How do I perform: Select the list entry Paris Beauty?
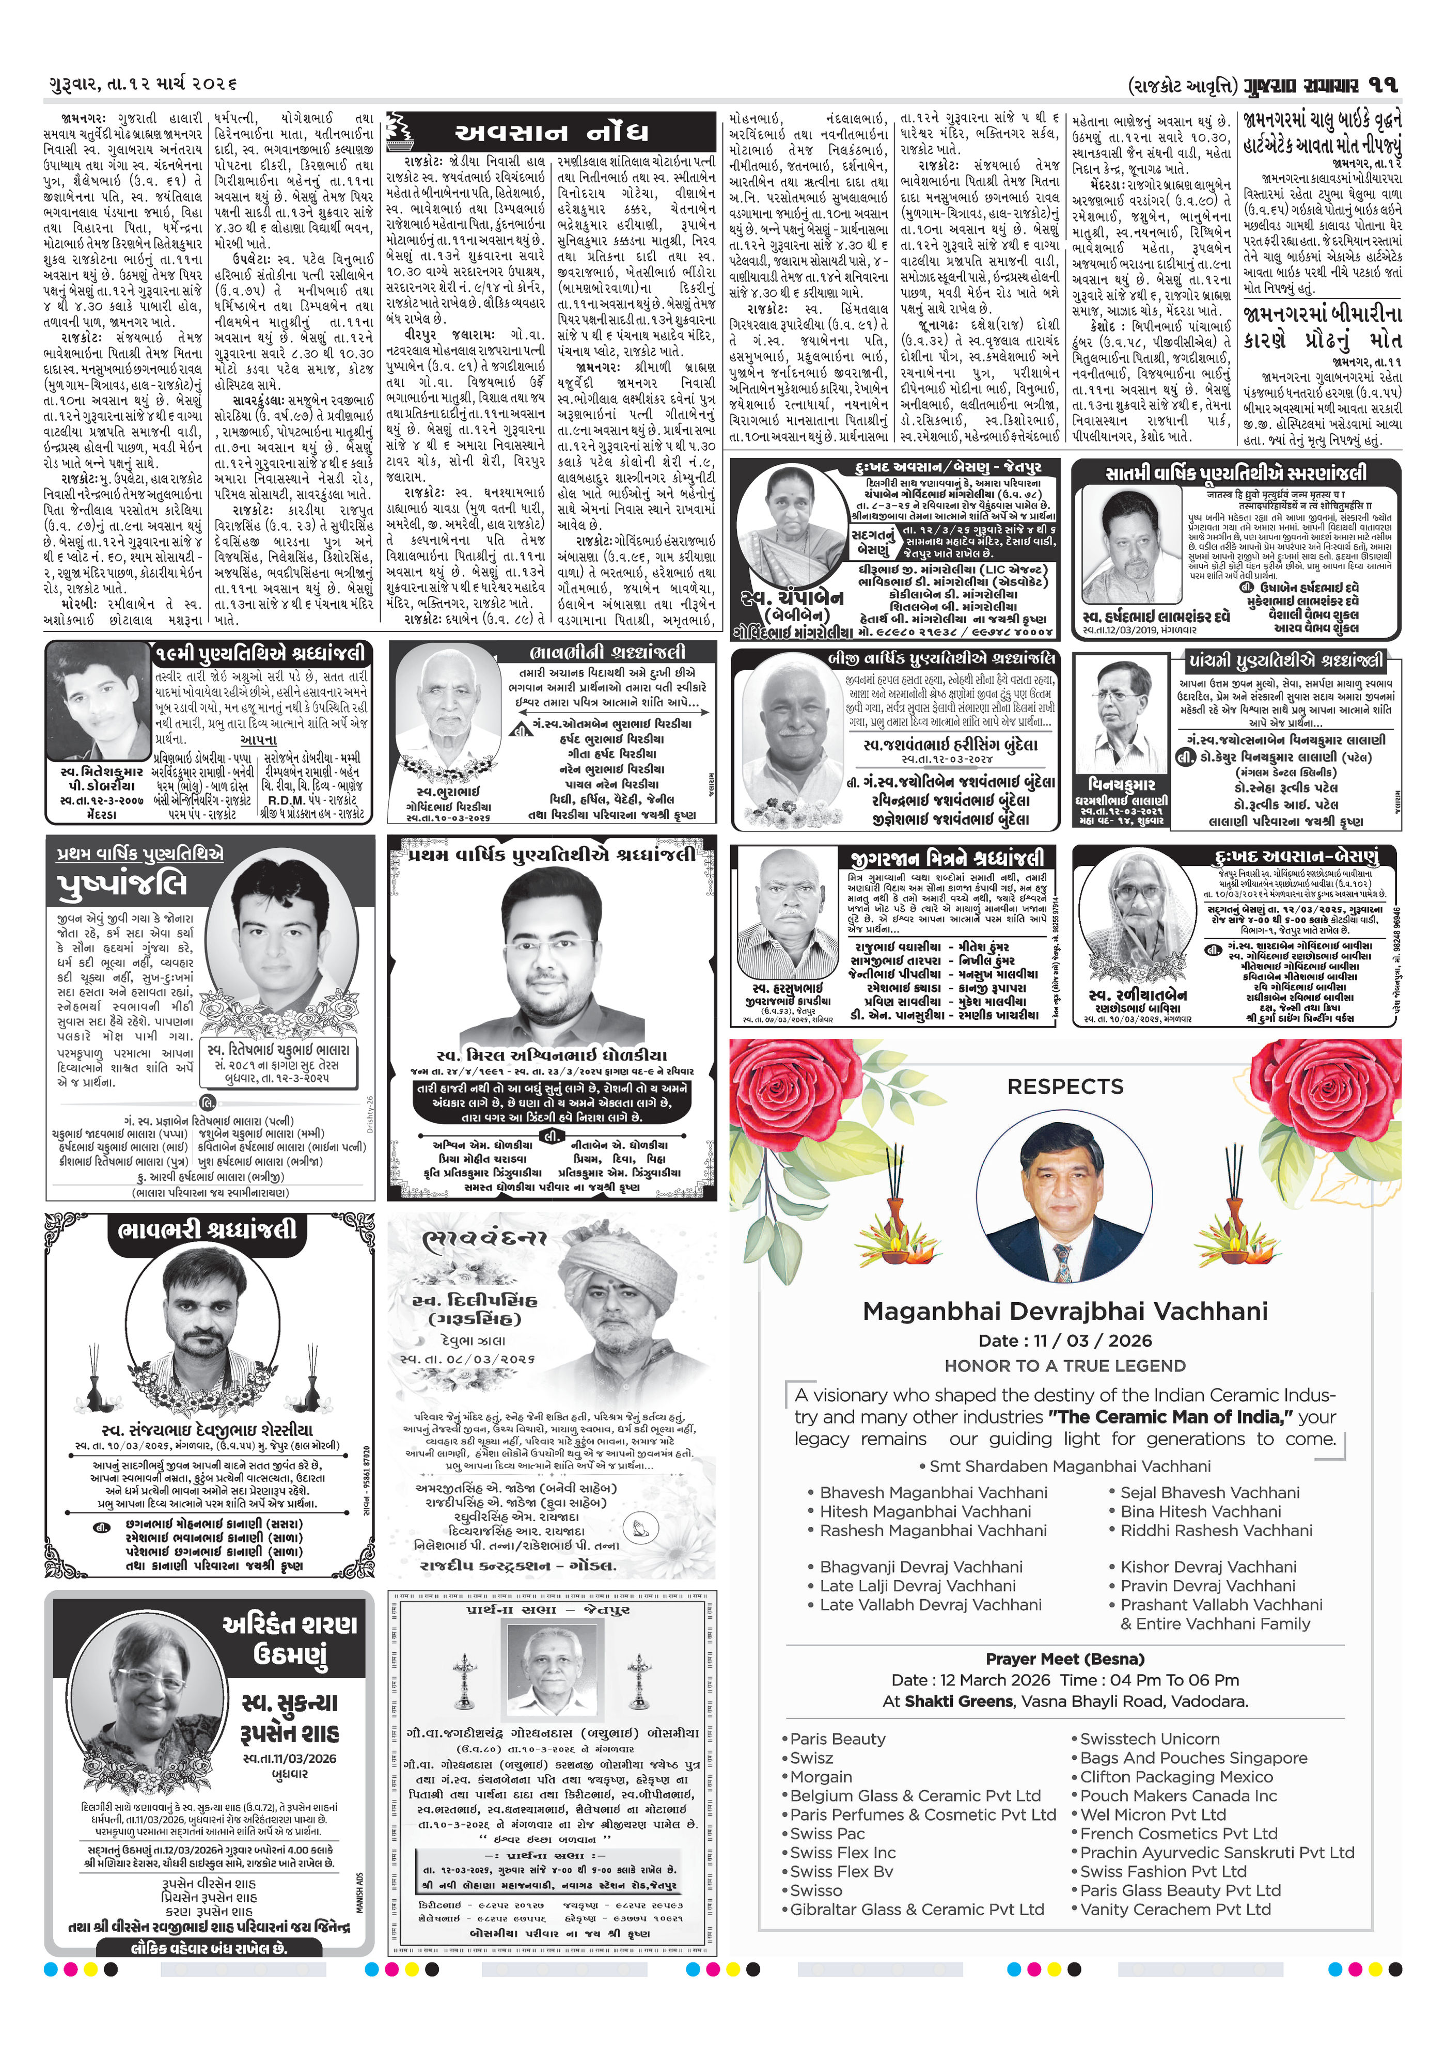tap(838, 1738)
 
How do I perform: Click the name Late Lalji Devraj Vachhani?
tap(918, 1586)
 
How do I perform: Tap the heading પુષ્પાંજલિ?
tap(122, 884)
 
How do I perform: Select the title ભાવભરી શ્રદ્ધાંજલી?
tap(207, 1230)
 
